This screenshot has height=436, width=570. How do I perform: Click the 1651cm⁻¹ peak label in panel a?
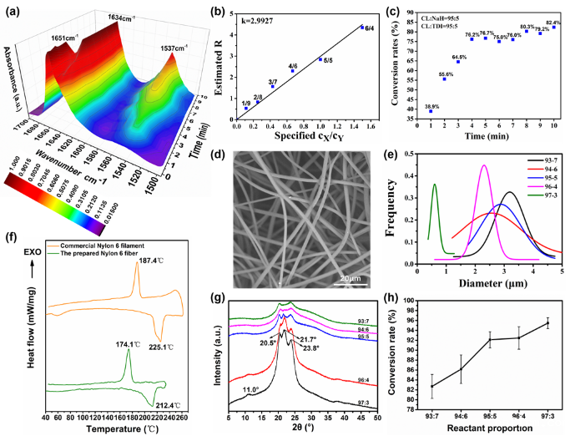(x=64, y=37)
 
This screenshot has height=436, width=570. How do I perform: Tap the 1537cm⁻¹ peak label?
(x=175, y=49)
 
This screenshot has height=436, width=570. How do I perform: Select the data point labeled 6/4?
(x=361, y=28)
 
